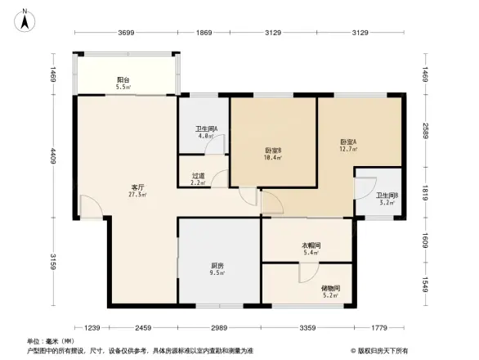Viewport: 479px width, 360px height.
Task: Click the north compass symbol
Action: (25, 19)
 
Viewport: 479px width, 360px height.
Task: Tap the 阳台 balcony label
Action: (123, 79)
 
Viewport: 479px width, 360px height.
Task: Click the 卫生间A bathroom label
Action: (204, 129)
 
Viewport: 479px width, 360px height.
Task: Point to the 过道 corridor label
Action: (198, 174)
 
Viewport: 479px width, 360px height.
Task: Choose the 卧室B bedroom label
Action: (273, 150)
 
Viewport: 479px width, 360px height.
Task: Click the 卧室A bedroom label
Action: (348, 141)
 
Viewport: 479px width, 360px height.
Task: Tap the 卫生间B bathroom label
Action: (387, 195)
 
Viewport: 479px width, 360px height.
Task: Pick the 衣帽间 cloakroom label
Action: (311, 245)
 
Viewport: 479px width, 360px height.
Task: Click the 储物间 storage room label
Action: (330, 287)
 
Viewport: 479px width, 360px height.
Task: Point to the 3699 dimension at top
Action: (126, 32)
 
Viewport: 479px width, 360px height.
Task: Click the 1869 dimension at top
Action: (204, 32)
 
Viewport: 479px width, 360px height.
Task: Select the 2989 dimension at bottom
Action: (218, 328)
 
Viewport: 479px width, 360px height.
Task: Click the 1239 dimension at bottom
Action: (91, 328)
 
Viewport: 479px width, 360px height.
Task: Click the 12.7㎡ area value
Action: (348, 150)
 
